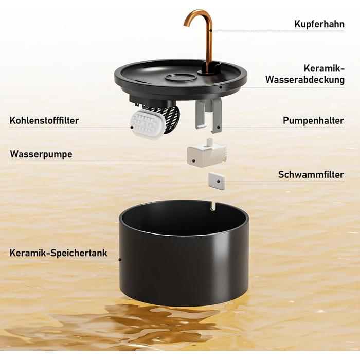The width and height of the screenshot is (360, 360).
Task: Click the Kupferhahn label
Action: [x=319, y=24]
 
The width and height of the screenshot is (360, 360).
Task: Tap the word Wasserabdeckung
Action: [x=305, y=80]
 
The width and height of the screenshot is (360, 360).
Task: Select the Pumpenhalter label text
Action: [x=313, y=120]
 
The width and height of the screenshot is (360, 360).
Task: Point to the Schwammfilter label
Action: [x=311, y=174]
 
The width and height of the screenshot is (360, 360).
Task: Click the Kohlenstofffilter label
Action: [x=44, y=120]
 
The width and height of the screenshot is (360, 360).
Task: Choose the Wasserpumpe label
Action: [x=41, y=154]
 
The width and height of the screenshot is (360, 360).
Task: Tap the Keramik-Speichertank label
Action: [x=58, y=253]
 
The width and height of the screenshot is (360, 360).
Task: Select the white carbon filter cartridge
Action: [x=147, y=124]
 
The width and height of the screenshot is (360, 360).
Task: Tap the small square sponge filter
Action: [x=217, y=181]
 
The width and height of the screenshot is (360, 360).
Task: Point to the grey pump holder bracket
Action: [x=209, y=115]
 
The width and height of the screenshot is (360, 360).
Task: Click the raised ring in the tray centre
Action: [x=181, y=78]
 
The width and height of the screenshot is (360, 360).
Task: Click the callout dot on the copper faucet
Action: [x=211, y=30]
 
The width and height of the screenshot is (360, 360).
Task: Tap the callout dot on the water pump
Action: [x=194, y=161]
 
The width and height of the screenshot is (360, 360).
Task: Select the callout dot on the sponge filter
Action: [x=219, y=182]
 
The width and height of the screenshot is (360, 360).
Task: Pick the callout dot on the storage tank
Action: [x=120, y=260]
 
